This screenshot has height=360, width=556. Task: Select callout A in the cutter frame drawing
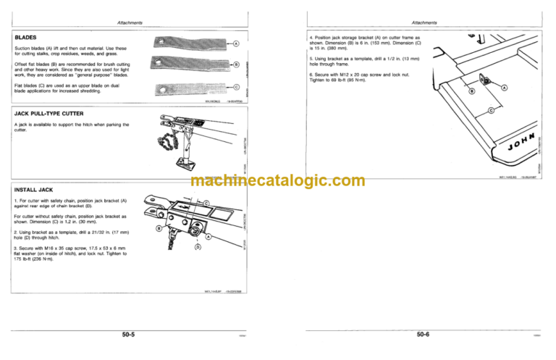point(503,88)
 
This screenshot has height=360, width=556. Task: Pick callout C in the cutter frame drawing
point(491,110)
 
